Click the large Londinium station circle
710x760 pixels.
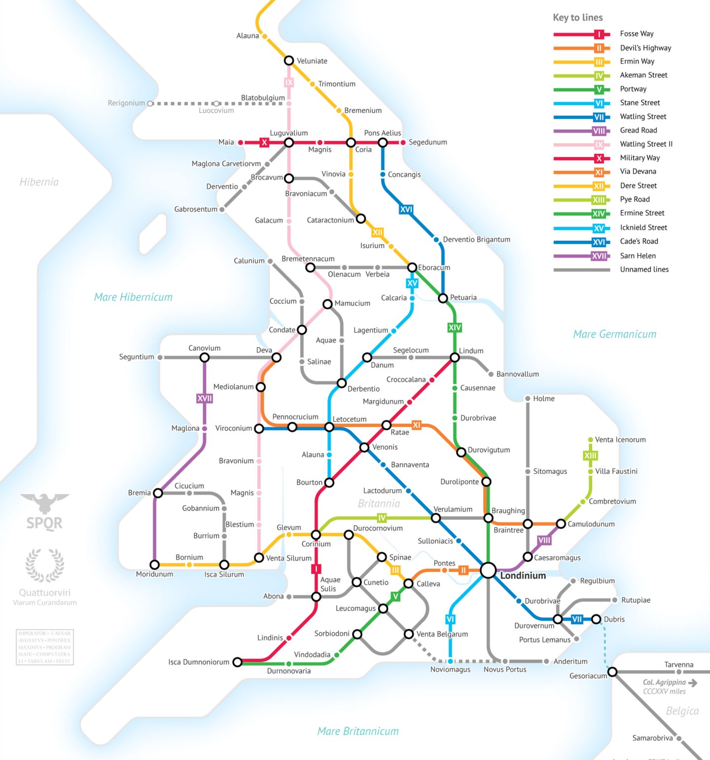coord(488,570)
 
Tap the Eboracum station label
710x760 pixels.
coord(434,268)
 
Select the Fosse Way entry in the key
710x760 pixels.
coord(637,34)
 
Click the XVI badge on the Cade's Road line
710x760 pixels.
coord(406,209)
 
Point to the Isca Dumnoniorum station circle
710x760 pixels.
coord(237,662)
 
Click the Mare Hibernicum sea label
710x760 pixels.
coord(133,297)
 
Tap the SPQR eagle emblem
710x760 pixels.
coord(44,503)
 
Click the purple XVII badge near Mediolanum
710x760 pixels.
coord(205,398)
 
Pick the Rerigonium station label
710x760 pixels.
coord(126,103)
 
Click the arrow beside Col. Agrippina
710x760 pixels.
coord(693,683)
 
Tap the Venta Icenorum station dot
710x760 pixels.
coord(590,439)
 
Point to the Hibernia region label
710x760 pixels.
coord(39,182)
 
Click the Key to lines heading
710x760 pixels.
coord(577,17)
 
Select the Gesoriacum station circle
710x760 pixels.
coord(612,672)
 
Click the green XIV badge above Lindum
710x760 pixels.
coord(455,327)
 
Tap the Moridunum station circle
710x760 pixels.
coord(154,564)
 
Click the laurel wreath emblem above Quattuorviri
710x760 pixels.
coord(44,565)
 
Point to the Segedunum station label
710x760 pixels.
coord(427,142)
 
